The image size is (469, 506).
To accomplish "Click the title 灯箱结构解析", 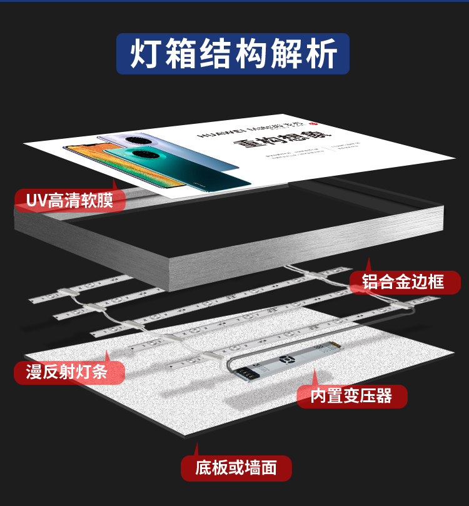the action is pos(233,54).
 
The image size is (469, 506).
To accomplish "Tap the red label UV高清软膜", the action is pos(71,201).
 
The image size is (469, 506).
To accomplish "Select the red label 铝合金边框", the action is pos(404,282).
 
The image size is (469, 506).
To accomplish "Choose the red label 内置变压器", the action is pos(352,396).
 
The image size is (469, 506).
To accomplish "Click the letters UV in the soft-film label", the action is pos(36,201).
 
